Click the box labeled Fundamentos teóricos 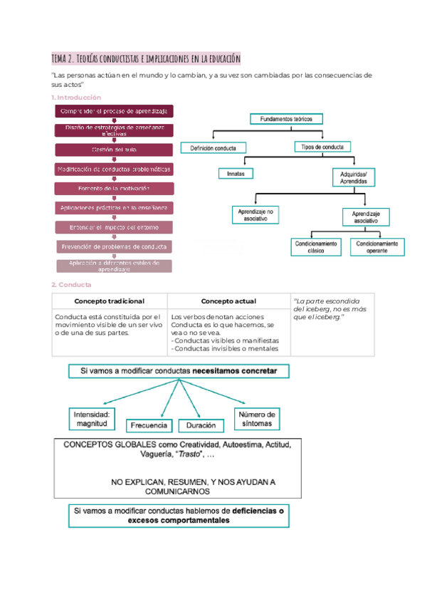click(x=286, y=119)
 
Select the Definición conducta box click(x=213, y=148)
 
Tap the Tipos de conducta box click(x=321, y=147)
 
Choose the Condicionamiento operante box click(x=378, y=247)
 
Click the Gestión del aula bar click(x=114, y=150)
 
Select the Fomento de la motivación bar click(x=114, y=188)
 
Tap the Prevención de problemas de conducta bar click(x=114, y=246)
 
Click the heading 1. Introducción click(x=76, y=97)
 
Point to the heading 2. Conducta click(x=68, y=285)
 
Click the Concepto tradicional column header click(x=110, y=301)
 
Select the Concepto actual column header click(x=229, y=301)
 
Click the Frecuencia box click(x=149, y=425)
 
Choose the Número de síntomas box click(x=257, y=418)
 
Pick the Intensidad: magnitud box click(x=92, y=419)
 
